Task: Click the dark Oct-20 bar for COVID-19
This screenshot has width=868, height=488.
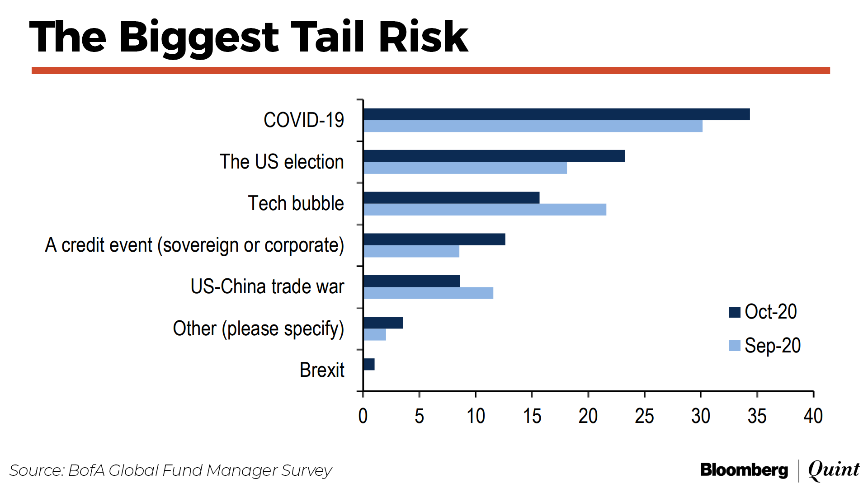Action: coord(556,114)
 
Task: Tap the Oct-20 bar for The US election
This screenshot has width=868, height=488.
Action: coord(494,156)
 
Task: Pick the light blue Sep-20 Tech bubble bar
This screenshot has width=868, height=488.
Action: coord(485,210)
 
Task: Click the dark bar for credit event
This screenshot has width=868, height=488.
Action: coord(434,239)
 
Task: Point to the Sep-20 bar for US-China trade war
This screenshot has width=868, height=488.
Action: coord(428,293)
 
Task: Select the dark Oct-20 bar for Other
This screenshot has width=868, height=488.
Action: coord(383,323)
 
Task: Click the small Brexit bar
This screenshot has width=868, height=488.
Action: coord(369,364)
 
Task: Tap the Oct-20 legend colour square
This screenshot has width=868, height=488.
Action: coord(735,312)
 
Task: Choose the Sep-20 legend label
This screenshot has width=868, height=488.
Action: coord(773,346)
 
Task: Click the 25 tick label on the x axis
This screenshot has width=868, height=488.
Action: coord(644,416)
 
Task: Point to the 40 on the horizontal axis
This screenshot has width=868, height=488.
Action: coord(813,416)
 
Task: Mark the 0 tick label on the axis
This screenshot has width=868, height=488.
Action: coord(363,416)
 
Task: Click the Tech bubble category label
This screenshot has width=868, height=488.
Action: coord(296,203)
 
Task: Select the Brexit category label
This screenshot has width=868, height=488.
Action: coord(322,370)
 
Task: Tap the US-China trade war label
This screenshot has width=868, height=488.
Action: coord(267,286)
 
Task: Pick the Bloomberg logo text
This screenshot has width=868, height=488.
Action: coord(744,470)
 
